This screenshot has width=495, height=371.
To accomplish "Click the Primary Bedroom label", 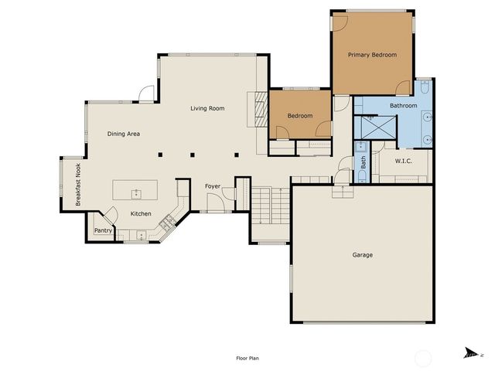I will pyautogui.click(x=372, y=55).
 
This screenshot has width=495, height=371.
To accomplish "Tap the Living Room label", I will pyautogui.click(x=207, y=108).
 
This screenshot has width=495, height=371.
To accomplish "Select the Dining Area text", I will pyautogui.click(x=123, y=134).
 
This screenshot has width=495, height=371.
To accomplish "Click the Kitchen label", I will pyautogui.click(x=141, y=214).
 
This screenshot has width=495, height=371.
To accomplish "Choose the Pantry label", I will pyautogui.click(x=102, y=230).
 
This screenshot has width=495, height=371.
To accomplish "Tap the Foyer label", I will pyautogui.click(x=213, y=186).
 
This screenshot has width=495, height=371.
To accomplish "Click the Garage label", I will pyautogui.click(x=363, y=254).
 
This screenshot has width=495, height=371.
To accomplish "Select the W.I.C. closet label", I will pyautogui.click(x=403, y=162).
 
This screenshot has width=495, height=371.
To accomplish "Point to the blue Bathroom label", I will pyautogui.click(x=403, y=105).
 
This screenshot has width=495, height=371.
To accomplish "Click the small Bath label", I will pyautogui.click(x=364, y=162).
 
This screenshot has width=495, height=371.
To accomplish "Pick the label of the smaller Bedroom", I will pyautogui.click(x=300, y=116).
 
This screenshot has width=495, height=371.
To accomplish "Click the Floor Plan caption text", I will pyautogui.click(x=247, y=358).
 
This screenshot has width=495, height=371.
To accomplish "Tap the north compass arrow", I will pyautogui.click(x=469, y=353).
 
